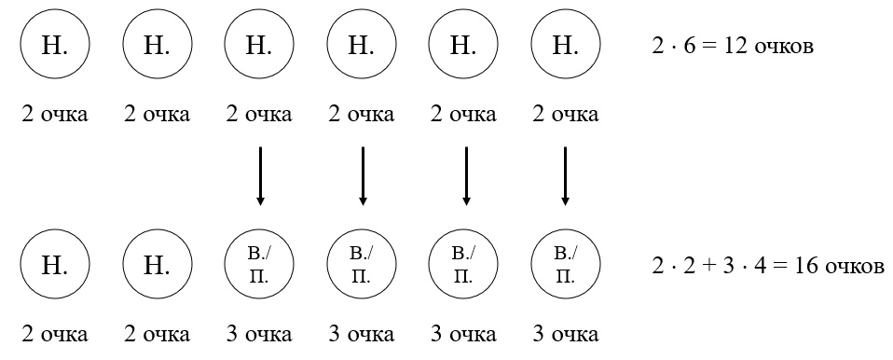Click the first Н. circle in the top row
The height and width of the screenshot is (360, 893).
55,45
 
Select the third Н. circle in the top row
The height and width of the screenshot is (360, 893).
259,45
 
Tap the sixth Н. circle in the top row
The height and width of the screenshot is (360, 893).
565,45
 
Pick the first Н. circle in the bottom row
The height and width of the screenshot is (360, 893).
55,265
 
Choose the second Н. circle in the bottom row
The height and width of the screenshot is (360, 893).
157,265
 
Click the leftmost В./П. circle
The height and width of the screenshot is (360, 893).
259,265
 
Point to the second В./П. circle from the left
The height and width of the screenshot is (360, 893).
362,265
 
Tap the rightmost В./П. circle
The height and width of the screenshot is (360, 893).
565,265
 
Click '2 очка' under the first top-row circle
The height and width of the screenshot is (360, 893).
55,115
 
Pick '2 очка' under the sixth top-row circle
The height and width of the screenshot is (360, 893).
565,115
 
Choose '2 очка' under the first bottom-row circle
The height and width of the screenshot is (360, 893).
55,335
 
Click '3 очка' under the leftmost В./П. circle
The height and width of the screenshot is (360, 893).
259,335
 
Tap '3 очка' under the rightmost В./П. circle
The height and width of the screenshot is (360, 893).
565,335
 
